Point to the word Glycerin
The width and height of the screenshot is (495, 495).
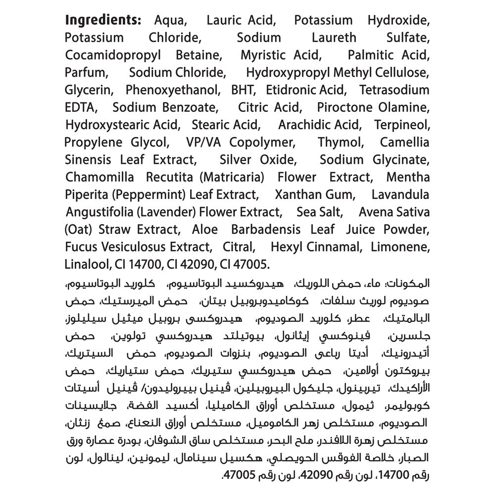89,90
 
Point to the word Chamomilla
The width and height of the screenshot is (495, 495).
101,177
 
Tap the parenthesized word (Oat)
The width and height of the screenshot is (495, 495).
79,230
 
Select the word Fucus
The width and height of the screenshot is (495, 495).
82,247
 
